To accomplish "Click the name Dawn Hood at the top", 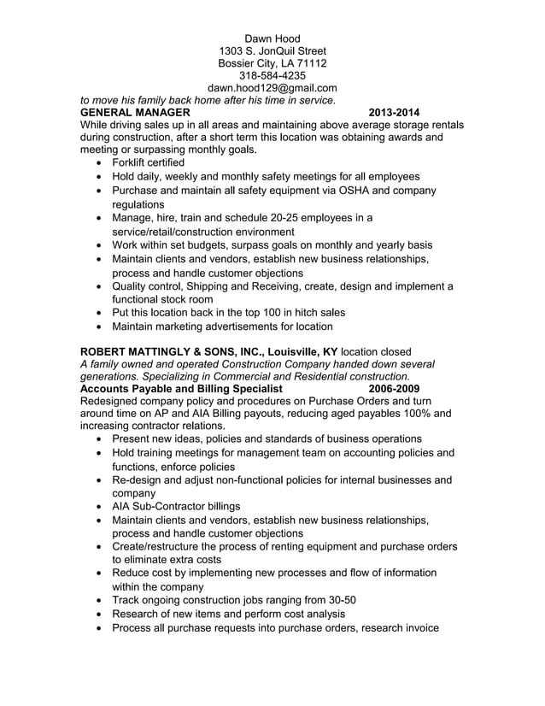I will click(272, 38).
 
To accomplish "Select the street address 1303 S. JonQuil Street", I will click(272, 51).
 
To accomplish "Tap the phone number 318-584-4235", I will click(272, 75).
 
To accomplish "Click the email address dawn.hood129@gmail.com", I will click(272, 88).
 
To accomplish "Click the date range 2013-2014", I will click(394, 113).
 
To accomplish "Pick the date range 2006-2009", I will click(394, 389).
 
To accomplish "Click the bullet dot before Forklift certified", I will click(103, 162).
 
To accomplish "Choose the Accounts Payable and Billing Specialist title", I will click(180, 389).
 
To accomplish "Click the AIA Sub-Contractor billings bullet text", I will click(176, 505).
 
